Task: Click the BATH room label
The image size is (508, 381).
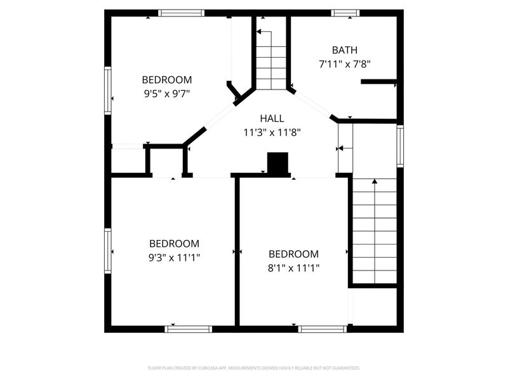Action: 344,50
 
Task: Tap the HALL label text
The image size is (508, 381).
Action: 272,119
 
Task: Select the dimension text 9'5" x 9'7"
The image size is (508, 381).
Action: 167,93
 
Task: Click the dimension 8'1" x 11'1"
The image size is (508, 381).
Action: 293,268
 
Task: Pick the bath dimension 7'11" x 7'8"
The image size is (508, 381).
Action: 344,64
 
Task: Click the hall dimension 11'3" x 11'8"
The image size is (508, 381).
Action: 272,133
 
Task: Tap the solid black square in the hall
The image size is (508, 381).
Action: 277,163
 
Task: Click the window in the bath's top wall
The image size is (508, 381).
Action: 346,13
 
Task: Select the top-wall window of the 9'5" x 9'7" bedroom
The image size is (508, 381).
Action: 181,13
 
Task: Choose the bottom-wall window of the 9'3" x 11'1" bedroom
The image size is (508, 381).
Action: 188,328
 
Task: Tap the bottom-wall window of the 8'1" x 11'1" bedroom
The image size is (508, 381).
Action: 322,328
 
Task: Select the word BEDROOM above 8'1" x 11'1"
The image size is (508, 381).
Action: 293,254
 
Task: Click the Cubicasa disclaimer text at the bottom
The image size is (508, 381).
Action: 254,368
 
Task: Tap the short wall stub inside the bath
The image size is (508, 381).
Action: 378,81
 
